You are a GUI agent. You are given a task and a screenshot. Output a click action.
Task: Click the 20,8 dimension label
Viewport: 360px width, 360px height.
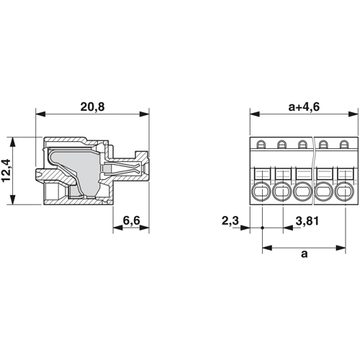(x=92, y=107)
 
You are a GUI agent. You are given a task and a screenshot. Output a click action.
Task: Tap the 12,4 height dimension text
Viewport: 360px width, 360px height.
(x=6, y=171)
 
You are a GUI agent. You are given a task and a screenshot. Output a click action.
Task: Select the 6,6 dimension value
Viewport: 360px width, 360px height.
(x=131, y=220)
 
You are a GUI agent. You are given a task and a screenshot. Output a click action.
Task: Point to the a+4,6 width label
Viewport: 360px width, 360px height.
(x=304, y=107)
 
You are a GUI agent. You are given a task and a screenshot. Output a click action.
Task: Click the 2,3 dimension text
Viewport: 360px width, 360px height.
(x=230, y=221)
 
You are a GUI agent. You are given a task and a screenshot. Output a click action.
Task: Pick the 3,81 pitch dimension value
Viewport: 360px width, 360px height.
(x=307, y=221)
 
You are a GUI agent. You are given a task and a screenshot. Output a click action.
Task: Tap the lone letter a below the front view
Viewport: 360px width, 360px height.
(x=304, y=253)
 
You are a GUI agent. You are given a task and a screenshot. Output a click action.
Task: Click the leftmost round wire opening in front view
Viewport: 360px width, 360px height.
(x=261, y=192)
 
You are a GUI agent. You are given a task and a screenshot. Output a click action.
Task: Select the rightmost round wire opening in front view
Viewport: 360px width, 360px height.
(x=345, y=192)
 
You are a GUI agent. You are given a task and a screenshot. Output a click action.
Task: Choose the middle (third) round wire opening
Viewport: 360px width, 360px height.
(x=303, y=192)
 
